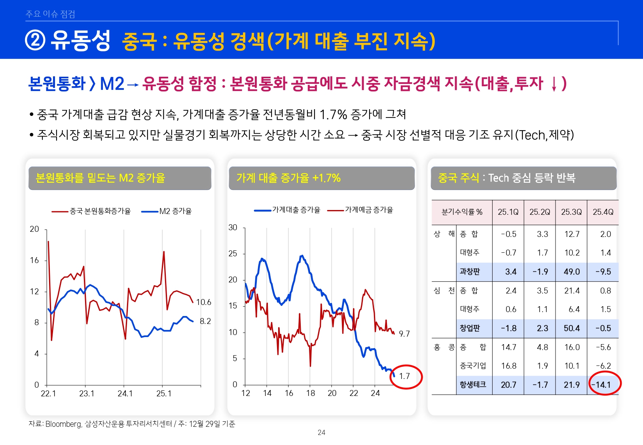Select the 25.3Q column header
(x=571, y=212)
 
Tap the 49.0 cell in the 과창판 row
(x=572, y=272)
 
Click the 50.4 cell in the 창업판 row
(x=572, y=328)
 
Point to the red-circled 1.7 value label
(x=404, y=376)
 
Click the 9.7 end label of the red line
(x=404, y=334)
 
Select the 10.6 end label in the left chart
(x=204, y=302)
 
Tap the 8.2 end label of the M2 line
(x=205, y=321)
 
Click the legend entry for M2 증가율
(x=175, y=211)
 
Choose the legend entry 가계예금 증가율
(x=369, y=210)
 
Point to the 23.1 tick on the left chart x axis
(x=87, y=394)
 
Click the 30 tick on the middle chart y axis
(x=233, y=227)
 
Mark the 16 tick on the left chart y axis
(x=34, y=260)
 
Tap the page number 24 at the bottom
(x=321, y=433)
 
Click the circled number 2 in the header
(x=35, y=40)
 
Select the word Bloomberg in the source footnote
(x=63, y=424)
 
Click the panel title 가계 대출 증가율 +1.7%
(x=288, y=178)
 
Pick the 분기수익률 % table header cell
(x=462, y=212)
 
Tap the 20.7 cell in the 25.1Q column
(x=508, y=384)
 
